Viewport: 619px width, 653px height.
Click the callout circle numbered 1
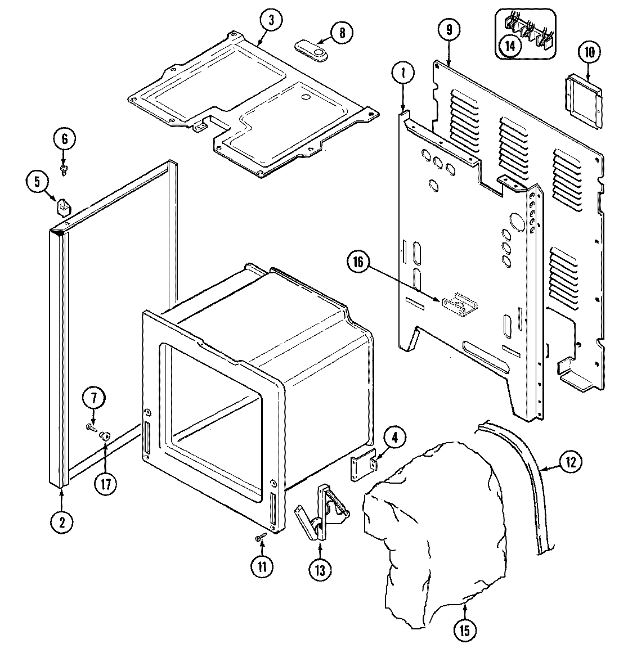tap(403, 73)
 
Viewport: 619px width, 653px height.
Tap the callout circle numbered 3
tap(271, 21)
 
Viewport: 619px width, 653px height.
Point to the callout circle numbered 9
tap(448, 30)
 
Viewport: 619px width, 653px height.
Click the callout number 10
tap(589, 53)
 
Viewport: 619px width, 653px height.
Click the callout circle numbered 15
tap(465, 631)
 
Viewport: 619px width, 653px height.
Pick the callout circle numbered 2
tap(61, 522)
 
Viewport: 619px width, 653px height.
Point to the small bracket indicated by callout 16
tap(461, 303)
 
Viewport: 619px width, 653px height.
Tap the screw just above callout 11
tap(259, 538)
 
